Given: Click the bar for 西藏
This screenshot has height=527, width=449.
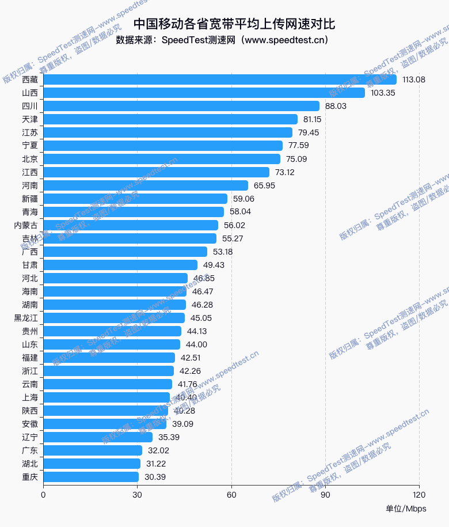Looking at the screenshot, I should [x=219, y=79].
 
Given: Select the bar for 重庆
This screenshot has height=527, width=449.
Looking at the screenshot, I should [x=91, y=477].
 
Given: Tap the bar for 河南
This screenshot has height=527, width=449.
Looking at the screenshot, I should [x=146, y=185].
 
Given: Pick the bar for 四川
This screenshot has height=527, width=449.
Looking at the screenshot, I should [x=181, y=106].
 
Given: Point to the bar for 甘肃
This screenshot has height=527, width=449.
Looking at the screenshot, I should [x=120, y=265].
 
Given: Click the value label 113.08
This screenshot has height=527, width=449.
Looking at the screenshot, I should [x=414, y=79].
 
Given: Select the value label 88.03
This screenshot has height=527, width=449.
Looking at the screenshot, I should [x=336, y=106].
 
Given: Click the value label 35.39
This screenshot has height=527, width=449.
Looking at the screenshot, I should [x=169, y=437].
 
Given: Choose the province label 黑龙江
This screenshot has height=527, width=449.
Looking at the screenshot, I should [x=26, y=318].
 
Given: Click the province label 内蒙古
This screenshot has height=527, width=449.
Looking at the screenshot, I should [x=26, y=225].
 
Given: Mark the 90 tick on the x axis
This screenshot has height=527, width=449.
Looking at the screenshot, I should [x=325, y=494].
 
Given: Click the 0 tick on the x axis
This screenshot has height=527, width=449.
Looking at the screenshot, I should [x=43, y=494].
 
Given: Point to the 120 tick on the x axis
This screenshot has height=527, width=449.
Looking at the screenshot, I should [x=419, y=494].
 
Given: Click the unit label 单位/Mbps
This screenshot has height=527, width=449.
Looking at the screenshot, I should [x=406, y=509].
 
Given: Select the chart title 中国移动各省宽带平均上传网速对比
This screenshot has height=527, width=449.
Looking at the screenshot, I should [x=234, y=24].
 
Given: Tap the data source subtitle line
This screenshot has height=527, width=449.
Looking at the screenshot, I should [x=222, y=40].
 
